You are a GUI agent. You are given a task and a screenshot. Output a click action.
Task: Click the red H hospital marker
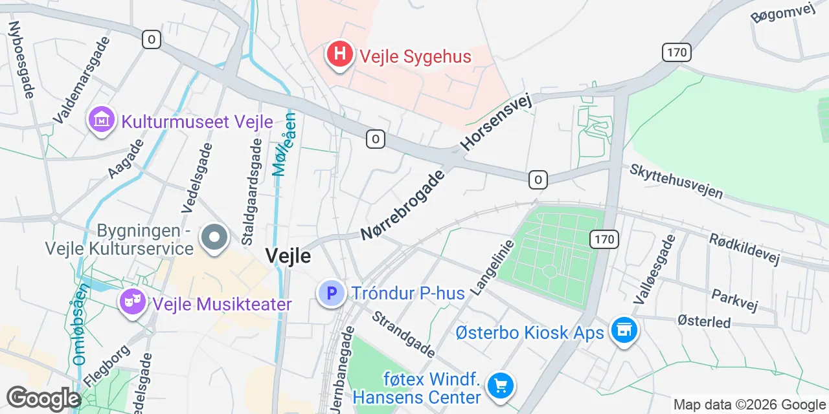click(x=339, y=54)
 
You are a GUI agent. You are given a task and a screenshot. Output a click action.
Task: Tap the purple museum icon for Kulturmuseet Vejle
click(x=102, y=120)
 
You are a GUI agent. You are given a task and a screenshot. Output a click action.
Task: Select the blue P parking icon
click(x=331, y=294)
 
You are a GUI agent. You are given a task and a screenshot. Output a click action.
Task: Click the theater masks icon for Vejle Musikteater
click(x=133, y=302)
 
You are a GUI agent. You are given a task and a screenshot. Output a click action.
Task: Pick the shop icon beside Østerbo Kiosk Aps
click(x=624, y=331)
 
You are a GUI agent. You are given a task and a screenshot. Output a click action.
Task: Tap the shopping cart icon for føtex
click(x=500, y=386)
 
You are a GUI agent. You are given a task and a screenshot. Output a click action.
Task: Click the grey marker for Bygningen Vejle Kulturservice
click(x=214, y=237)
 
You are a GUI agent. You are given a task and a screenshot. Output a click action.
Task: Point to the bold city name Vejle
click(x=288, y=256)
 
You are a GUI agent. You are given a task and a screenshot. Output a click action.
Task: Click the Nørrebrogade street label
click(x=403, y=204)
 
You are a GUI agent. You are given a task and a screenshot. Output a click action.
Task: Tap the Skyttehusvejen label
click(x=676, y=181)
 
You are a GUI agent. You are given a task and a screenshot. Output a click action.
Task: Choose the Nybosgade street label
click(x=21, y=60)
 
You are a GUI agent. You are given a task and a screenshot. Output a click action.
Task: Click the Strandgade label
click(x=402, y=334)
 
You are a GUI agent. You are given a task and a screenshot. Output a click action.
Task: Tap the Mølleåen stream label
click(x=284, y=146)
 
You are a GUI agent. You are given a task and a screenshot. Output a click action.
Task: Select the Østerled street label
click(x=703, y=321)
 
